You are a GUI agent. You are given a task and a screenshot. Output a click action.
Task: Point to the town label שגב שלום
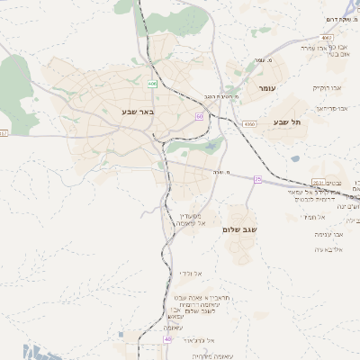pos(239,229)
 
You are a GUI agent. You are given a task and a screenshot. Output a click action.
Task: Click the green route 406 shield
pos(152,84)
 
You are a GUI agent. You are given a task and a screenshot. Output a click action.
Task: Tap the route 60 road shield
pos(199,116)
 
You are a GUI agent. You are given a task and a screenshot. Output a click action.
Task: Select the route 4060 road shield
pos(249,123)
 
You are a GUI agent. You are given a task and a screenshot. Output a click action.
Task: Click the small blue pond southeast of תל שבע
pos(295,159)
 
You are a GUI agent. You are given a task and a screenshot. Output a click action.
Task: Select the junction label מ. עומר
pos(260,60)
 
